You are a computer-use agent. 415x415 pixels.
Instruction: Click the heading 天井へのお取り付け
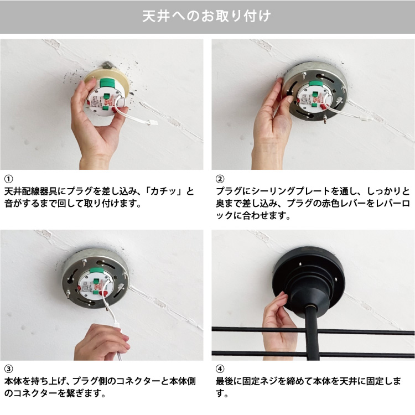(207, 16)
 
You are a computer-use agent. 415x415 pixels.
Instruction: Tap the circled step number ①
(8, 179)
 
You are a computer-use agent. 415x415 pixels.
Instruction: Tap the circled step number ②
(220, 179)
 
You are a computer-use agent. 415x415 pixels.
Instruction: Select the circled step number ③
(8, 369)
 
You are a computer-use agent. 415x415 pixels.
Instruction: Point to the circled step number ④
(220, 369)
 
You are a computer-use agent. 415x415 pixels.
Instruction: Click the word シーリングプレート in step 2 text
(288, 191)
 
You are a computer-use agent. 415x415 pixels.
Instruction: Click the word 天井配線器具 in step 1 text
(30, 191)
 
